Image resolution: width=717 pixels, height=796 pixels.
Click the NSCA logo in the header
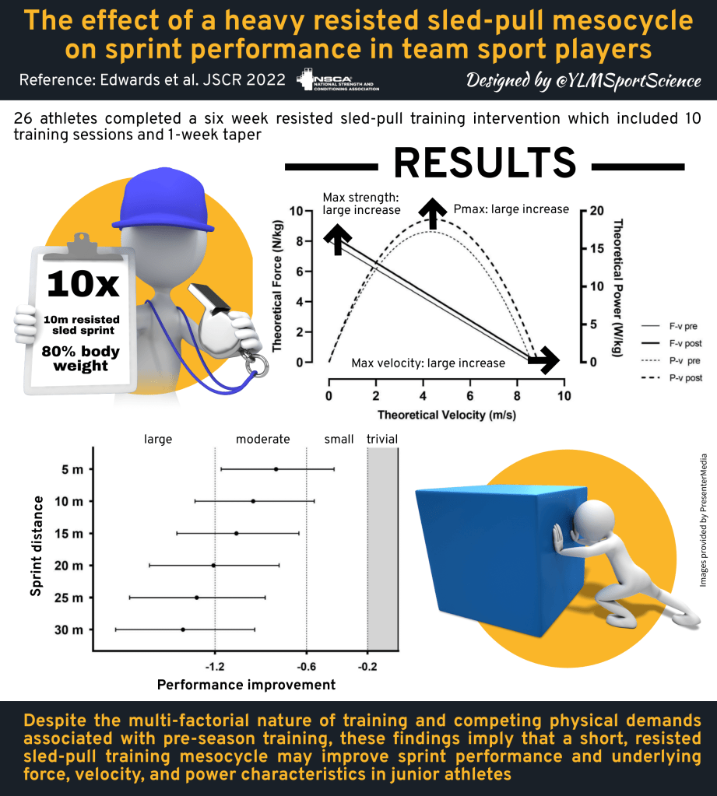[x=339, y=80]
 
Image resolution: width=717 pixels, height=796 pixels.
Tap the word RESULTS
[x=484, y=163]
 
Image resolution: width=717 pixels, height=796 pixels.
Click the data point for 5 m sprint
[x=276, y=469]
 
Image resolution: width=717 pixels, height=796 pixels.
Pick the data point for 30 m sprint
[x=183, y=629]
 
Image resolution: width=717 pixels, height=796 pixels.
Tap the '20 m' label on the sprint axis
[x=69, y=566]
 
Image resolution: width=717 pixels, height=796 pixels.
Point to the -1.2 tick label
[x=215, y=667]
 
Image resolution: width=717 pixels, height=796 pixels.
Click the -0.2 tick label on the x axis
[x=367, y=667]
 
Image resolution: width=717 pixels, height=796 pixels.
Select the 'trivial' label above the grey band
[x=382, y=440]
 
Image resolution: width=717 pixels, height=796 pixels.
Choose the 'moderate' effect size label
[x=263, y=440]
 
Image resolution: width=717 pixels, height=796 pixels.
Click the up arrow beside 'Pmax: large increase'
[x=431, y=214]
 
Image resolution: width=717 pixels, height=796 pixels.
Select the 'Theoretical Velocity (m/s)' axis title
[x=446, y=415]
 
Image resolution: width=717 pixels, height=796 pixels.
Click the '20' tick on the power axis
[x=596, y=211]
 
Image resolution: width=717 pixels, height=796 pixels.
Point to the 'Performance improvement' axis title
[x=247, y=685]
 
